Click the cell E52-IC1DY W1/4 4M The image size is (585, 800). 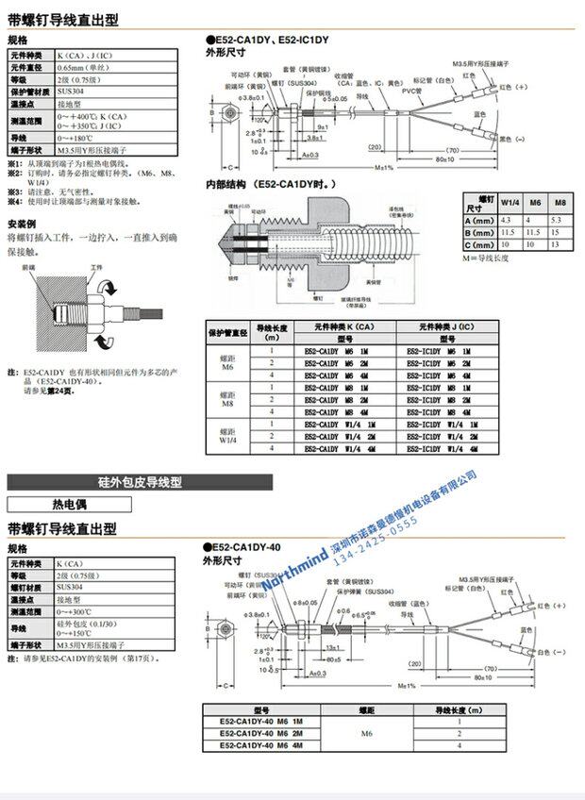(x=442, y=449)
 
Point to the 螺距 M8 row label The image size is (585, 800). (x=226, y=399)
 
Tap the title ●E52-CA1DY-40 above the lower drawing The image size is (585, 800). (x=243, y=547)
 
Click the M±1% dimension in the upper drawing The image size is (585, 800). (x=382, y=167)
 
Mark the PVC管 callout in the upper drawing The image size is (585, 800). (x=411, y=91)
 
